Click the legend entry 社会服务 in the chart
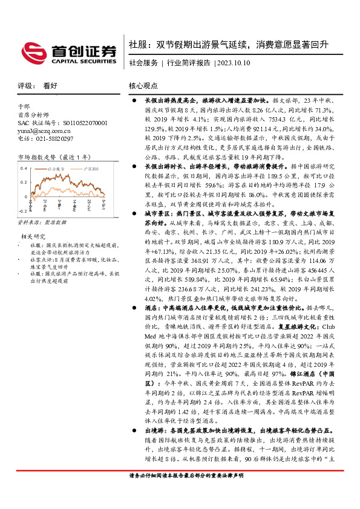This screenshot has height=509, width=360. tap(55, 166)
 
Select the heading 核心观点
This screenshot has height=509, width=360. tap(143, 86)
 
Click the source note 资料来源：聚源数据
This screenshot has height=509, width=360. tap(39, 223)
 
